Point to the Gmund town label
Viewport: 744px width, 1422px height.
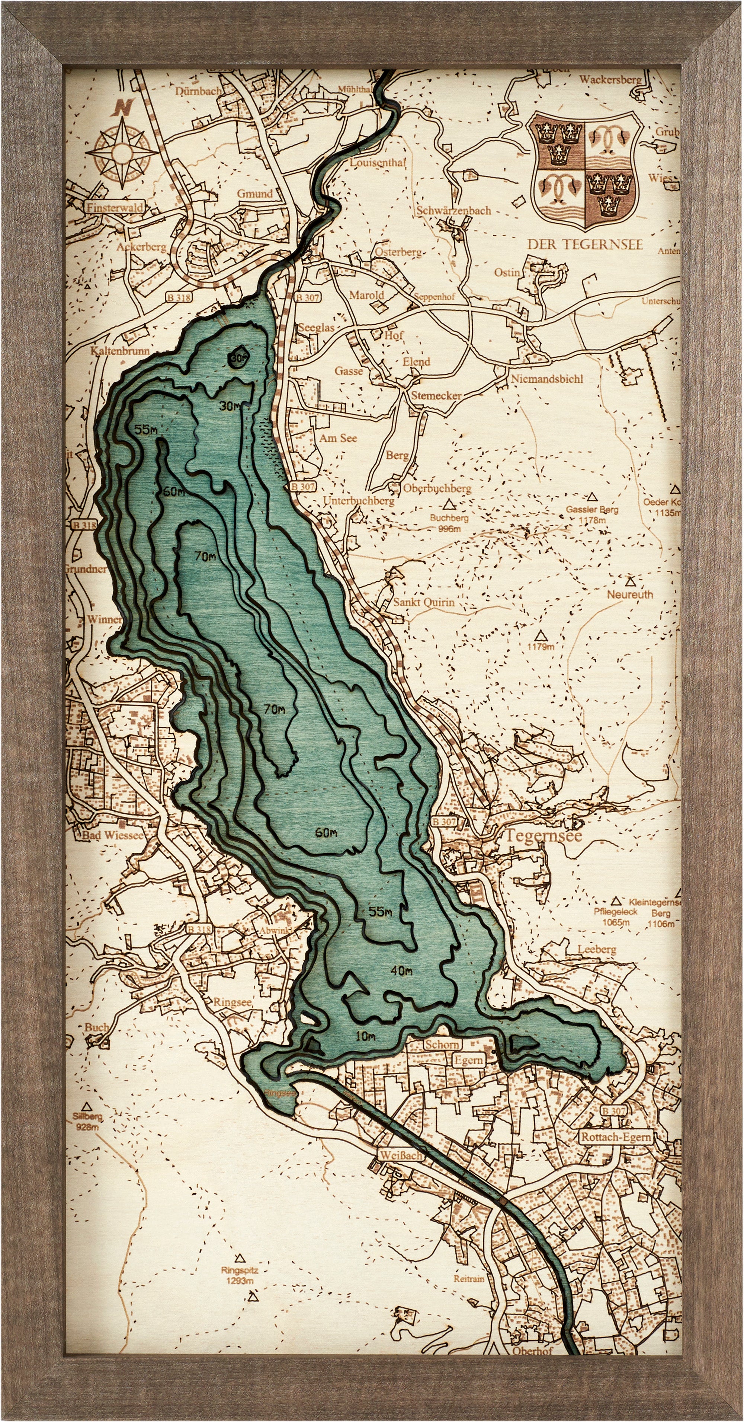tap(255, 194)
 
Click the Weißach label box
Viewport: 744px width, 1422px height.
tap(400, 1155)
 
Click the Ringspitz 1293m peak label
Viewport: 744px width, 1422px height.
tap(239, 1270)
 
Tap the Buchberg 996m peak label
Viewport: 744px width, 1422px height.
tap(449, 523)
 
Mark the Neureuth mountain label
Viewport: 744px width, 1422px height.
tap(630, 594)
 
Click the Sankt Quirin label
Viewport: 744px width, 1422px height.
tap(424, 602)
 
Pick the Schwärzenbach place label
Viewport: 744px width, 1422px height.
tap(453, 210)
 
